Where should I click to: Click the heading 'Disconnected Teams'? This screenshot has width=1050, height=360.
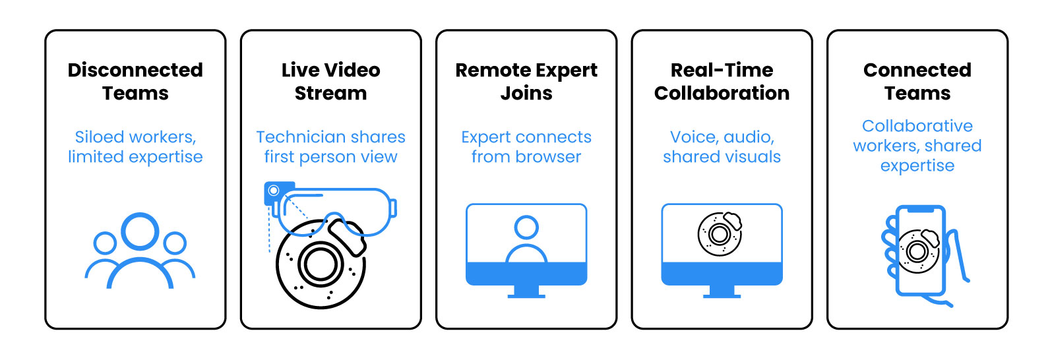(x=135, y=82)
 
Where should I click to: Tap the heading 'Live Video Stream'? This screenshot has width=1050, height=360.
(x=330, y=82)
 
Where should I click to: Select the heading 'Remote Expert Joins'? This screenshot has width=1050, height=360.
(x=526, y=82)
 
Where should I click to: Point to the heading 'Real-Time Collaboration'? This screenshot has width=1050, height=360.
(x=722, y=82)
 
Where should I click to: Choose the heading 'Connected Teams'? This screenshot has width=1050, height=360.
(x=917, y=82)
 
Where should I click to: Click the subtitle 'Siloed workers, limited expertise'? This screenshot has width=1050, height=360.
(x=135, y=147)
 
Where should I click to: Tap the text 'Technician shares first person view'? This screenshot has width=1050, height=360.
(x=330, y=147)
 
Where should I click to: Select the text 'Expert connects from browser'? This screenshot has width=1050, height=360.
(x=526, y=147)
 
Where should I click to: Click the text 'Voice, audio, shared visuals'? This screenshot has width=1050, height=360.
(x=722, y=147)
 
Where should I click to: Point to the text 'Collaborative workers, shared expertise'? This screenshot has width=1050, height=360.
(x=917, y=146)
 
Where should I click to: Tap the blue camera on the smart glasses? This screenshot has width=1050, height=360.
(x=272, y=192)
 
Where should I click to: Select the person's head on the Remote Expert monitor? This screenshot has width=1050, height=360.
(x=526, y=227)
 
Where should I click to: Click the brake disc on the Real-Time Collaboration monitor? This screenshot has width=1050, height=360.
(x=720, y=233)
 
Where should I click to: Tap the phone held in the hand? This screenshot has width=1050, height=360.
(x=920, y=251)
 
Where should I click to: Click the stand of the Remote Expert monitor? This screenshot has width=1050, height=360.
(x=526, y=291)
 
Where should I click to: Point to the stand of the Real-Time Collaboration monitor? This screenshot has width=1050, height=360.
(x=722, y=291)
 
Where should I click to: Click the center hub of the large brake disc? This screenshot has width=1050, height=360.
(x=321, y=264)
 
